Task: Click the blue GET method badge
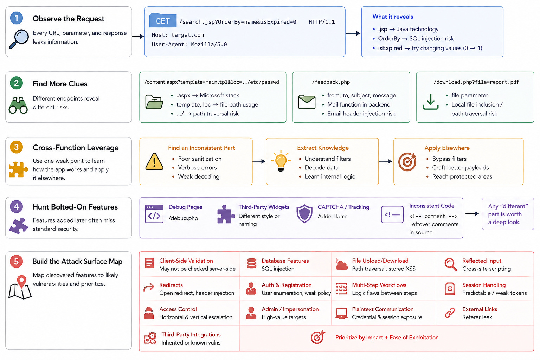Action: (x=163, y=21)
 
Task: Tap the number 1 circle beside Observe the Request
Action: (x=17, y=18)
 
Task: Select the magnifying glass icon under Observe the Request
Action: (x=19, y=39)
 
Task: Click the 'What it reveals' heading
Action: (x=393, y=17)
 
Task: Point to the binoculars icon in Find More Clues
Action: (x=18, y=105)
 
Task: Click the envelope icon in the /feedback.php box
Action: (x=307, y=102)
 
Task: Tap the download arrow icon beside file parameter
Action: (x=431, y=102)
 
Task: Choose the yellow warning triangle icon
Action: (x=155, y=161)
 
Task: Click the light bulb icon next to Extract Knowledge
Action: (x=281, y=161)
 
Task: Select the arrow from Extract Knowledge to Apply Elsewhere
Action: (x=385, y=161)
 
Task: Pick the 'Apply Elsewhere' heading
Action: (x=447, y=148)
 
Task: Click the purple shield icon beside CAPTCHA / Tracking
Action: (x=304, y=214)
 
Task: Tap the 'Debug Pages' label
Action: (x=185, y=207)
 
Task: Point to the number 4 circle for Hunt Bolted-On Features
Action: (x=17, y=207)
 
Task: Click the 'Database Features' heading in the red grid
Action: (x=285, y=261)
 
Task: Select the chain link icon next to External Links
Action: (x=450, y=313)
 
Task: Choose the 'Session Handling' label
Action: (x=484, y=285)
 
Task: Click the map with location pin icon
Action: (x=20, y=287)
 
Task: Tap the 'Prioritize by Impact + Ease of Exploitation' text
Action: (x=387, y=337)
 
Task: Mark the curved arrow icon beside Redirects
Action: (x=149, y=287)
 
